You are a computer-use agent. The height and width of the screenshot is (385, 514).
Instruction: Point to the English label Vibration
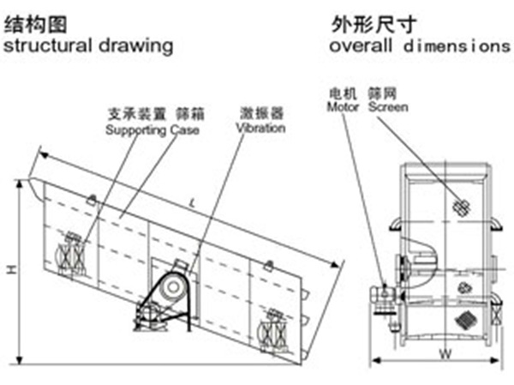click(260, 128)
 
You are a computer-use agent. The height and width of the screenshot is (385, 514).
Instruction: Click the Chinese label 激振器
click(260, 114)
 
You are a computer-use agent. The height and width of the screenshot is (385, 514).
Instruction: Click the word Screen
click(387, 107)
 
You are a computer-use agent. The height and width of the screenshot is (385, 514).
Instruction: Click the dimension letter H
click(11, 270)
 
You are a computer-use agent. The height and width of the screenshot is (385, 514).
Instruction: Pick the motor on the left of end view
click(382, 294)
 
